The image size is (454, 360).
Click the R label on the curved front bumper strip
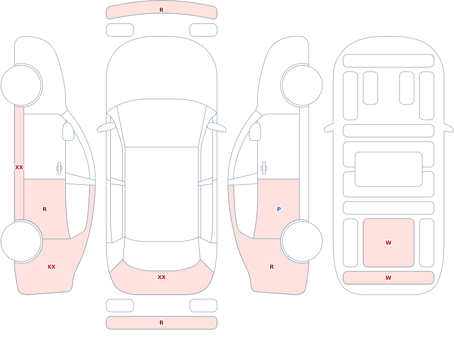161,10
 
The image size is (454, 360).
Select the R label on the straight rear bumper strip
161,323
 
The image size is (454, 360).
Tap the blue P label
279,209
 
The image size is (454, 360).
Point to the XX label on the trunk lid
161,277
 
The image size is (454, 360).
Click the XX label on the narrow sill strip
19,168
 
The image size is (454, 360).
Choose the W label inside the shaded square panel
388,243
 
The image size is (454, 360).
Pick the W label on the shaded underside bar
388,278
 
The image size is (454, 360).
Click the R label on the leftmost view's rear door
44,209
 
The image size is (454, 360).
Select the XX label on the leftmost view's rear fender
51,267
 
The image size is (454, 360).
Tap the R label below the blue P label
271,267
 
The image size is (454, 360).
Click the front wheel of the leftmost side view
21,85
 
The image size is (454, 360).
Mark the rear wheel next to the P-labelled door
302,242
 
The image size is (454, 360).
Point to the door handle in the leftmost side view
59,168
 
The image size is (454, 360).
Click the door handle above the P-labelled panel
264,168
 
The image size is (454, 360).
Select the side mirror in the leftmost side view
68,132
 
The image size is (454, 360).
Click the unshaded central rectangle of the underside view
389,169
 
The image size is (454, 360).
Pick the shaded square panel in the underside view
389,243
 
